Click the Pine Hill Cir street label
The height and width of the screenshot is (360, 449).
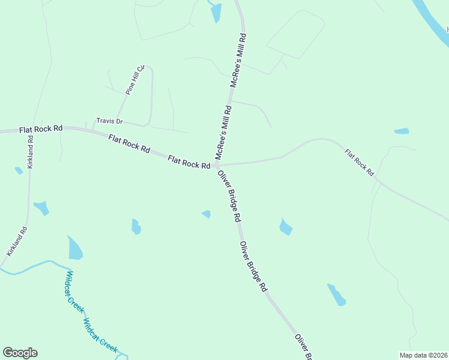pyautogui.click(x=136, y=79)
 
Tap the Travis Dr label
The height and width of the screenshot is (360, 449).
pyautogui.click(x=109, y=121)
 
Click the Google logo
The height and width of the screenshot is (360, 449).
pyautogui.click(x=20, y=353)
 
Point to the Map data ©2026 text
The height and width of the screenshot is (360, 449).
pyautogui.click(x=423, y=355)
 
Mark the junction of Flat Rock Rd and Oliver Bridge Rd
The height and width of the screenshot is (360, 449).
pyautogui.click(x=216, y=165)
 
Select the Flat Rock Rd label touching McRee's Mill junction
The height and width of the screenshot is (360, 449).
pyautogui.click(x=189, y=161)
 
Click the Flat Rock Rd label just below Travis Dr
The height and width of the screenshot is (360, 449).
pyautogui.click(x=129, y=145)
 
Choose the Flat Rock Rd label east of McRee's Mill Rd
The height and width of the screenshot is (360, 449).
pyautogui.click(x=359, y=161)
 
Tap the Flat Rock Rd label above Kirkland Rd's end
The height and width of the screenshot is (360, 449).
pyautogui.click(x=41, y=129)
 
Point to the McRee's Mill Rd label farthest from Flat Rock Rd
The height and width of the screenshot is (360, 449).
pyautogui.click(x=238, y=61)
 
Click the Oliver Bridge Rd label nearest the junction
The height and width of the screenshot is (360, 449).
pyautogui.click(x=229, y=195)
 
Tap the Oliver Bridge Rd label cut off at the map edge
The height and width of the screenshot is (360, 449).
pyautogui.click(x=304, y=347)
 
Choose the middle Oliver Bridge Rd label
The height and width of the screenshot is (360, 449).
pyautogui.click(x=253, y=266)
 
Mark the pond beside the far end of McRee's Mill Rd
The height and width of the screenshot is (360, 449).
pyautogui.click(x=215, y=12)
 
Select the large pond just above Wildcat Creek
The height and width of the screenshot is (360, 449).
pyautogui.click(x=75, y=248)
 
